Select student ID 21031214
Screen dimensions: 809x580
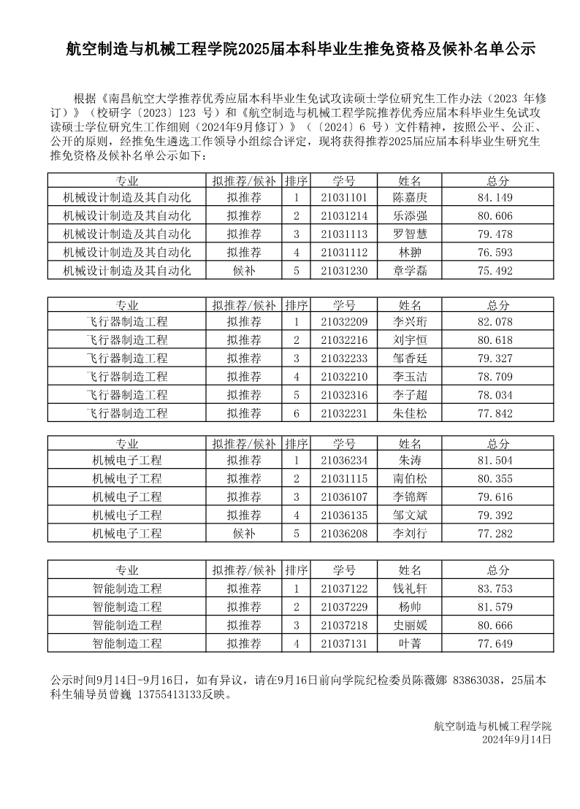pyautogui.click(x=343, y=216)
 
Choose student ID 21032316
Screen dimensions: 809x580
pyautogui.click(x=343, y=395)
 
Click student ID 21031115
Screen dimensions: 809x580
pyautogui.click(x=343, y=479)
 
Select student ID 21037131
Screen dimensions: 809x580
pyautogui.click(x=343, y=644)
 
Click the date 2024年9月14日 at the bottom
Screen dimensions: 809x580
pyautogui.click(x=516, y=740)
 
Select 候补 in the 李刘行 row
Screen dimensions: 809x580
pyautogui.click(x=244, y=534)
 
